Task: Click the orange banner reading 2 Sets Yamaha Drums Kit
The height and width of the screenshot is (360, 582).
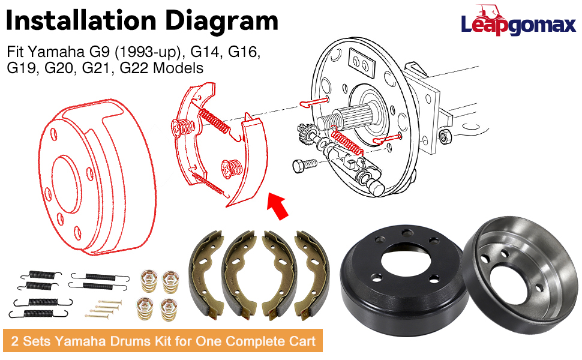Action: click(163, 341)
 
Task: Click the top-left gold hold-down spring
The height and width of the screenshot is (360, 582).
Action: click(148, 278)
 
